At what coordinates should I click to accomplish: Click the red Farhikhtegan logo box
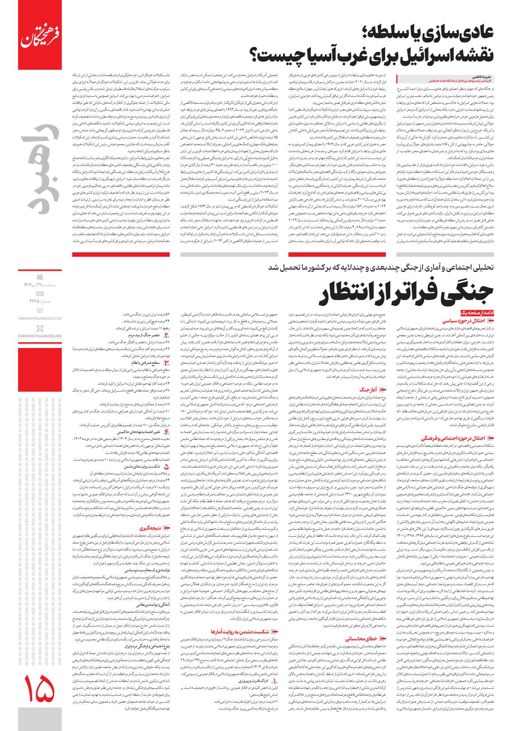[40, 37]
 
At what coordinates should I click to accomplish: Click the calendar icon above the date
[40, 276]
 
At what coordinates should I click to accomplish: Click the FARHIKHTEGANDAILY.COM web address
[40, 318]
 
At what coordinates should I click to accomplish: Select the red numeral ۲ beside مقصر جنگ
[167, 334]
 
